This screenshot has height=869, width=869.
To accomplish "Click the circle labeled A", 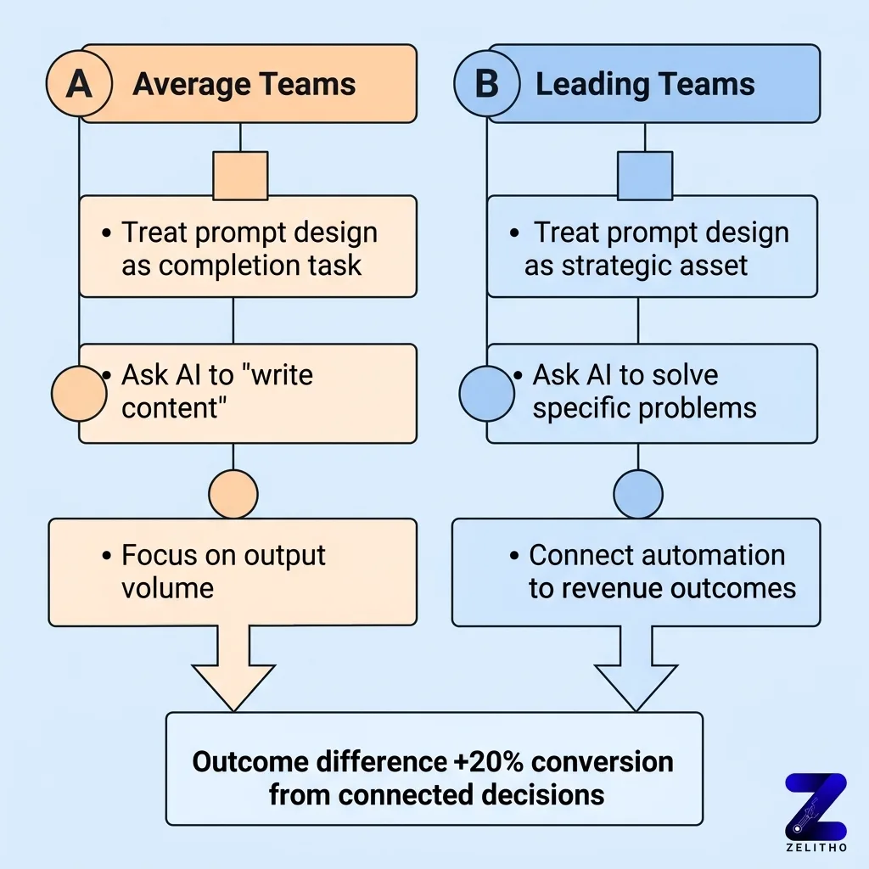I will pos(79,85).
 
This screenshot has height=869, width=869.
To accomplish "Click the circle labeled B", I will pos(488,85).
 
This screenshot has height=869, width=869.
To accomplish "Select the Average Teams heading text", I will pos(244,85).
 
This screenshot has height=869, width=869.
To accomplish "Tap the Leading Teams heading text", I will pos(645,85).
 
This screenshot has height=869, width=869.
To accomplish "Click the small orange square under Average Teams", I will pos(240,176).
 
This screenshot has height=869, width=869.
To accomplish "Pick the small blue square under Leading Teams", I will pos(645,176).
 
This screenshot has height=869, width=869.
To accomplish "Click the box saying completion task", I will pos(248,247).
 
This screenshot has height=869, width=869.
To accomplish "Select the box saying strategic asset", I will pos(652,247).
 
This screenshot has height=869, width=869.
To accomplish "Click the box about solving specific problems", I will pos(652,392).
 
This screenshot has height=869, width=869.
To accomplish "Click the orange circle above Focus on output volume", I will pos(233,493).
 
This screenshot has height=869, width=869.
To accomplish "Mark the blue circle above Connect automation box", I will pos(637,493).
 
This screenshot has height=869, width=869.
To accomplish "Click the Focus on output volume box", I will pos(232,571).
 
